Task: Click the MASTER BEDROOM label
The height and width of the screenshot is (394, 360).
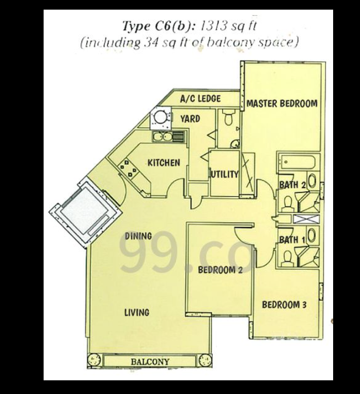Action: point(282,103)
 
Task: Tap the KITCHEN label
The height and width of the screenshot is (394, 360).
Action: point(164,163)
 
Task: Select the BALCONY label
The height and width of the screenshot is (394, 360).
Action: point(150,362)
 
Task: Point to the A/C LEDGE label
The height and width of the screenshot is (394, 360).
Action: point(200,98)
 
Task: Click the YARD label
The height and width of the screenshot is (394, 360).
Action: point(190,119)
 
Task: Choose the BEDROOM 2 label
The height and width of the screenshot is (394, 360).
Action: point(220,270)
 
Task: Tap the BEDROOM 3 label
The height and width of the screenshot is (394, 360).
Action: point(284,305)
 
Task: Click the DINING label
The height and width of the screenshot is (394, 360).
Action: point(138,236)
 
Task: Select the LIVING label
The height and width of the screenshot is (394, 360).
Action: point(137,312)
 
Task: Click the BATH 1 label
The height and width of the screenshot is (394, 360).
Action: point(292,240)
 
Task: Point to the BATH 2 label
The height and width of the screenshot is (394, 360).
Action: point(293,185)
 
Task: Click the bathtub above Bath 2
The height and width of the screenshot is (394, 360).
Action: point(298,162)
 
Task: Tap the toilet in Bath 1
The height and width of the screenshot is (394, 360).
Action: point(287,258)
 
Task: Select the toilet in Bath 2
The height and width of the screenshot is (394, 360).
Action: point(287,203)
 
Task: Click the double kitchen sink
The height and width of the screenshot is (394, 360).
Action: point(163,137)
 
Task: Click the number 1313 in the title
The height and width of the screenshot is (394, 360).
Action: point(212,26)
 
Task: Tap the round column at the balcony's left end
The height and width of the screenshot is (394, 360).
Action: point(94,361)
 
